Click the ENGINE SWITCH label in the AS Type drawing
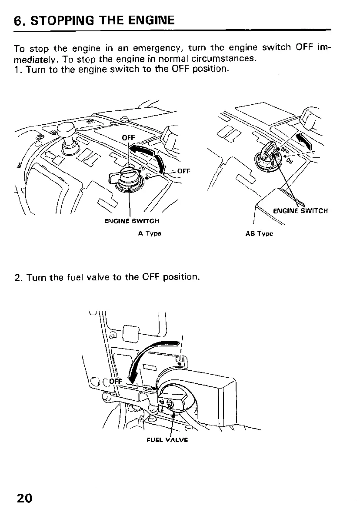point(300,211)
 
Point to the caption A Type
point(150,233)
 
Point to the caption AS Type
point(259,233)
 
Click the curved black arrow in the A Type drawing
point(150,154)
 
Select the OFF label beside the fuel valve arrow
point(115,382)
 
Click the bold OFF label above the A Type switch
point(129,138)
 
